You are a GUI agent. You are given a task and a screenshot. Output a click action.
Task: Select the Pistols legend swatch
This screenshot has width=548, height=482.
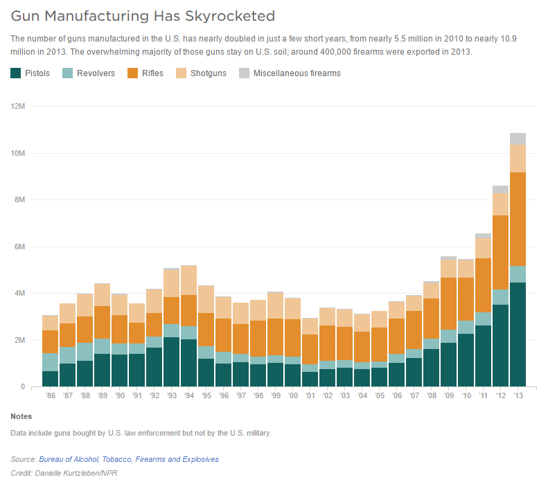tap(16, 73)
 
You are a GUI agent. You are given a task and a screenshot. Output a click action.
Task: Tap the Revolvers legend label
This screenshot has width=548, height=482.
tap(96, 73)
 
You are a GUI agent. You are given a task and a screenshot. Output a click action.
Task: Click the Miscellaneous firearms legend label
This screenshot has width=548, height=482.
tap(297, 73)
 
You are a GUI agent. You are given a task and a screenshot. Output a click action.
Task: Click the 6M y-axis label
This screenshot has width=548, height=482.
tap(19, 247)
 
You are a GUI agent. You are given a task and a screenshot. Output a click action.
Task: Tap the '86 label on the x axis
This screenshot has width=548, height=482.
tap(50, 396)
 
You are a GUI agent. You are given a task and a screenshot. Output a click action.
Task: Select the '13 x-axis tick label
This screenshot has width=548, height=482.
tap(518, 396)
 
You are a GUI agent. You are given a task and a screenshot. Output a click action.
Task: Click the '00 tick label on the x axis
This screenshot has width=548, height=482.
tap(292, 396)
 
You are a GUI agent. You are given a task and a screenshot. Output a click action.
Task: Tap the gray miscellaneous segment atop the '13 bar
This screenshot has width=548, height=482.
tap(518, 139)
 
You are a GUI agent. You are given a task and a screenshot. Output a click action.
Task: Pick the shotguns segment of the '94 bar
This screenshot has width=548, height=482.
tap(188, 280)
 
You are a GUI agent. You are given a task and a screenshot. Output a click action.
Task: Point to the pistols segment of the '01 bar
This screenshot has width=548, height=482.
tap(310, 379)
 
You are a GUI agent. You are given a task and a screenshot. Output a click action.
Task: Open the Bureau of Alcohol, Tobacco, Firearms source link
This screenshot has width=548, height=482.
tap(129, 459)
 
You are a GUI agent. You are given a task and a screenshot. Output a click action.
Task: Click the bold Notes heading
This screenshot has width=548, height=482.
tap(21, 416)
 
